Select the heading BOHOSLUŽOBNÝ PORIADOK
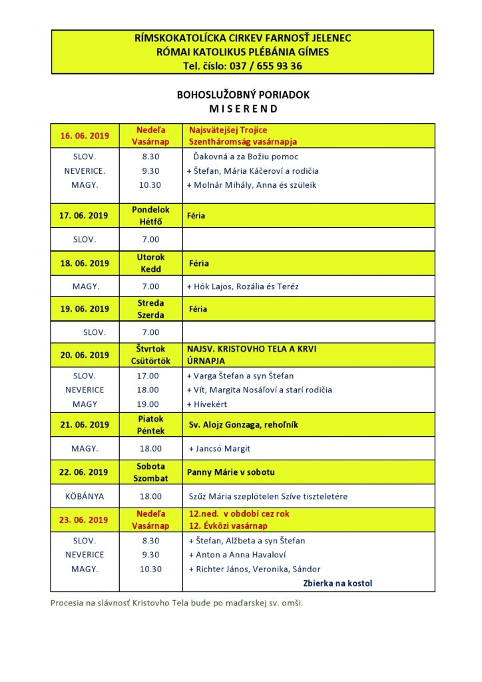click(243, 95)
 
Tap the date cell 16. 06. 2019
click(85, 136)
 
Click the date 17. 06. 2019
click(85, 215)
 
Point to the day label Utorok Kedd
click(151, 263)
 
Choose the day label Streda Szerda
click(151, 309)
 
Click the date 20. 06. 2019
click(85, 355)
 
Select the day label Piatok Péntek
click(151, 425)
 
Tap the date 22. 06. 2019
click(85, 472)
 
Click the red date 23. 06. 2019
click(85, 520)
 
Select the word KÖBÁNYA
click(85, 496)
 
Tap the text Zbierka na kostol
click(338, 583)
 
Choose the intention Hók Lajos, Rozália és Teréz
click(246, 286)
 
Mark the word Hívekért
click(212, 404)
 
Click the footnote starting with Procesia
click(176, 603)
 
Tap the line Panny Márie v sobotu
click(231, 472)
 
